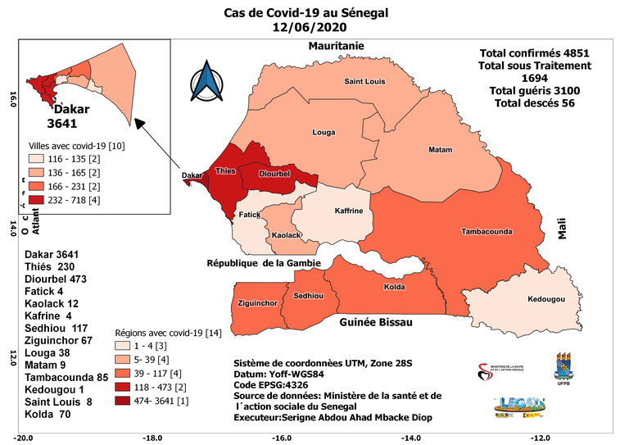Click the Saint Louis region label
click(x=364, y=81)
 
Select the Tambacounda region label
click(x=487, y=232)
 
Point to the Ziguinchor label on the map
click(x=256, y=302)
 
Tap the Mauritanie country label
click(x=336, y=46)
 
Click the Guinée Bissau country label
click(x=375, y=324)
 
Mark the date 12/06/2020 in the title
click(x=306, y=26)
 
